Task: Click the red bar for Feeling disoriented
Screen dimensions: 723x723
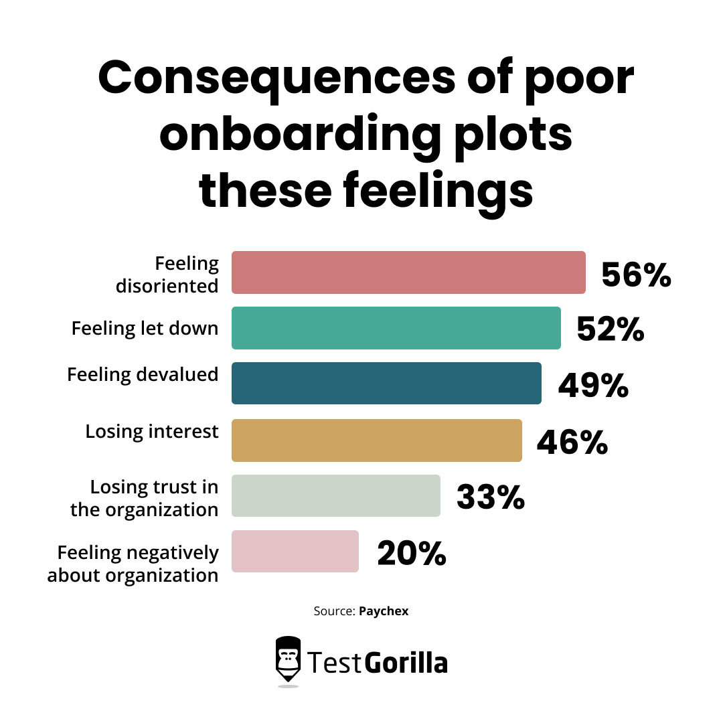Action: (408, 272)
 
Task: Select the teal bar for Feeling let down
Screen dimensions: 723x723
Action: (396, 328)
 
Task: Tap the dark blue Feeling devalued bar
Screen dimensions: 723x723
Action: (386, 384)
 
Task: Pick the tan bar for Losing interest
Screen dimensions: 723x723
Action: (377, 440)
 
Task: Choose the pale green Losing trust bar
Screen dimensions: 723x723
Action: (336, 495)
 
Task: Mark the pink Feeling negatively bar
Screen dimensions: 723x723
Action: (295, 551)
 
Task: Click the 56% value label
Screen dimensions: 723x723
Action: (636, 274)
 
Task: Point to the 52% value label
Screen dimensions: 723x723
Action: (611, 330)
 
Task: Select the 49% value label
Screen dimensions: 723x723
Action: (593, 386)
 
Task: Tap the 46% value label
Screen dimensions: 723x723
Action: (572, 442)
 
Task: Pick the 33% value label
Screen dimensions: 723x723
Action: (491, 497)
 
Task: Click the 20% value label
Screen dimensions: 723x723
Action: (412, 553)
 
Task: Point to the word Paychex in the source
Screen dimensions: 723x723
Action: (384, 611)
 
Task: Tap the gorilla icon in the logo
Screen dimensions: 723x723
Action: (289, 659)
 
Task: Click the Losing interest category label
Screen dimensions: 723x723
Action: (152, 432)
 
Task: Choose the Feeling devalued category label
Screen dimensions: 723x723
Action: (143, 374)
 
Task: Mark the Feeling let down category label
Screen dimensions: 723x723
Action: (145, 329)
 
